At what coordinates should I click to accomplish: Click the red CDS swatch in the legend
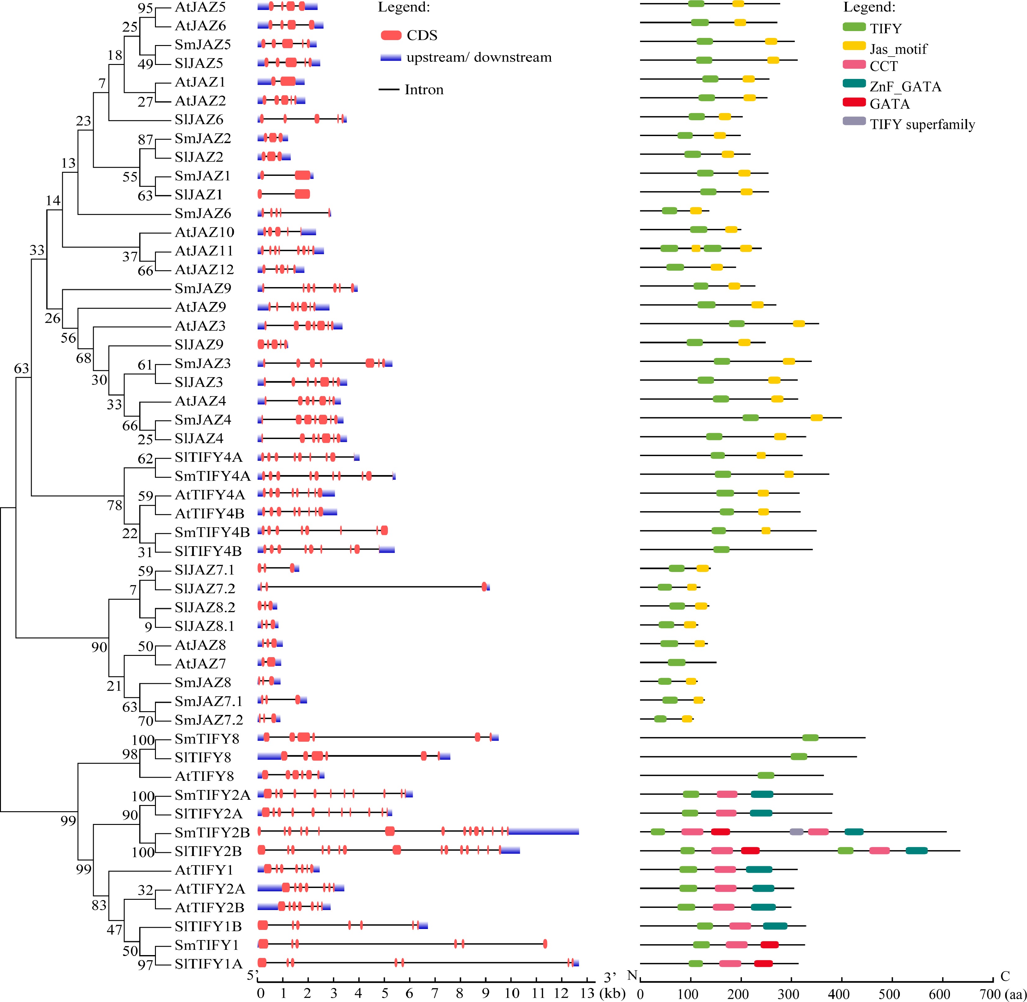(391, 35)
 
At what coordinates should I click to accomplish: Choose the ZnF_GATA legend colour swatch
(854, 83)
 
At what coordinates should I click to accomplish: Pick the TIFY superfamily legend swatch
(854, 121)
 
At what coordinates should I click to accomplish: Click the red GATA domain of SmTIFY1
(769, 945)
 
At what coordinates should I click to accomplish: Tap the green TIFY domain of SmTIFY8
(810, 738)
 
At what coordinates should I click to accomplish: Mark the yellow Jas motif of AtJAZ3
(799, 324)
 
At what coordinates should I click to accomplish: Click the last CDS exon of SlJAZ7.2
(484, 587)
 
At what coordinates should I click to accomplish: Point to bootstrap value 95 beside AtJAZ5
(145, 8)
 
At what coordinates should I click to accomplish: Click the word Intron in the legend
(424, 90)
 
